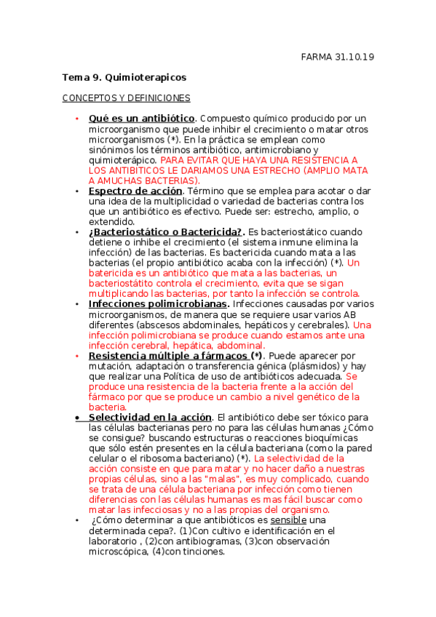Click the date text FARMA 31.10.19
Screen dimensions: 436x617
coord(338,57)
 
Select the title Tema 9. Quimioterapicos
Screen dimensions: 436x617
coord(124,76)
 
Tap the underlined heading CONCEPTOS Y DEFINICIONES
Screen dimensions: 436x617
coord(126,97)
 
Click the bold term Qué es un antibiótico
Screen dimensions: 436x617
coord(141,118)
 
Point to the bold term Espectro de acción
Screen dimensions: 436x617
coord(135,191)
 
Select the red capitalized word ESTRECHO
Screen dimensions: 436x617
coord(265,170)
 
